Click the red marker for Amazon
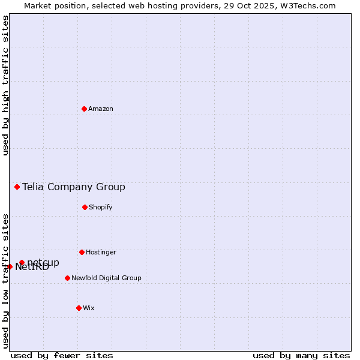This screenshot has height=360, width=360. [x=84, y=109]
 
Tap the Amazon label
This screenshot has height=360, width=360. [x=101, y=109]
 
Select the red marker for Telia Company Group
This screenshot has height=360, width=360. [x=17, y=187]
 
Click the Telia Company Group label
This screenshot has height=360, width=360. [x=74, y=187]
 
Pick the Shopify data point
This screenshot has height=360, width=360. [x=85, y=207]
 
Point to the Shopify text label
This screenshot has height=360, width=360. [x=101, y=208]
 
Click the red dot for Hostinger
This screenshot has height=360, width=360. [x=82, y=252]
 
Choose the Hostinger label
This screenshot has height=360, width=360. [x=101, y=253]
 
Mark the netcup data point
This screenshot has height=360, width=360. [x=22, y=262]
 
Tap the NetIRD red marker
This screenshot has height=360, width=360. [x=10, y=266]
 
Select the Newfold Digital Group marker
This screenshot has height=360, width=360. [x=67, y=278]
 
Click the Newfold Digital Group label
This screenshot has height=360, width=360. [x=106, y=278]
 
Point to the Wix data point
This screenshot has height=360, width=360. [x=79, y=308]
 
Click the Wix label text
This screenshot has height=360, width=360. [x=89, y=308]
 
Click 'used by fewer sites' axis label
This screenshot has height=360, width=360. [x=62, y=355]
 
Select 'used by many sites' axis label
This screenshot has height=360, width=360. [x=301, y=355]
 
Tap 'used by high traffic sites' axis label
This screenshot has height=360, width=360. [x=5, y=85]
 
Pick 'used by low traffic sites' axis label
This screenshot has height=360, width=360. [x=5, y=281]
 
